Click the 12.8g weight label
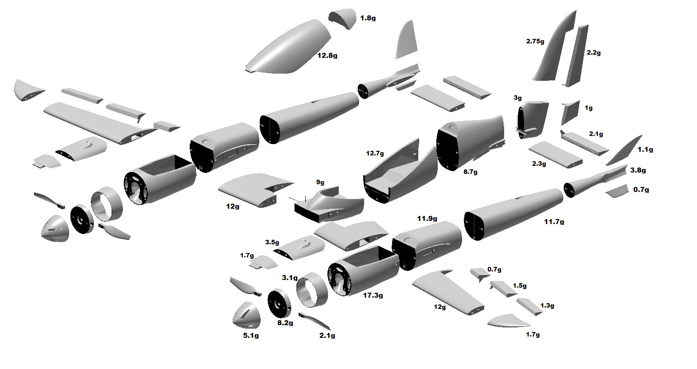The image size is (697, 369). pyautogui.click(x=327, y=56)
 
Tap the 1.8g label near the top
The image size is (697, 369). pyautogui.click(x=368, y=19)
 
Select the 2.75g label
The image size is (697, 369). pyautogui.click(x=535, y=41)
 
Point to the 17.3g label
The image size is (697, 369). pyautogui.click(x=373, y=295)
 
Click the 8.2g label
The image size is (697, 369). pyautogui.click(x=285, y=323)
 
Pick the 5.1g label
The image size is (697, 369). pyautogui.click(x=251, y=336)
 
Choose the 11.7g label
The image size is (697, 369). pyautogui.click(x=554, y=222)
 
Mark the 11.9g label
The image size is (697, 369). pyautogui.click(x=427, y=219)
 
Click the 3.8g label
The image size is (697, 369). pyautogui.click(x=638, y=170)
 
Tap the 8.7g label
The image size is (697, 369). pyautogui.click(x=470, y=172)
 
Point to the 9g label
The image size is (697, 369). pyautogui.click(x=320, y=182)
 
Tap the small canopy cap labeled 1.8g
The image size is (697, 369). pyautogui.click(x=342, y=18)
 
